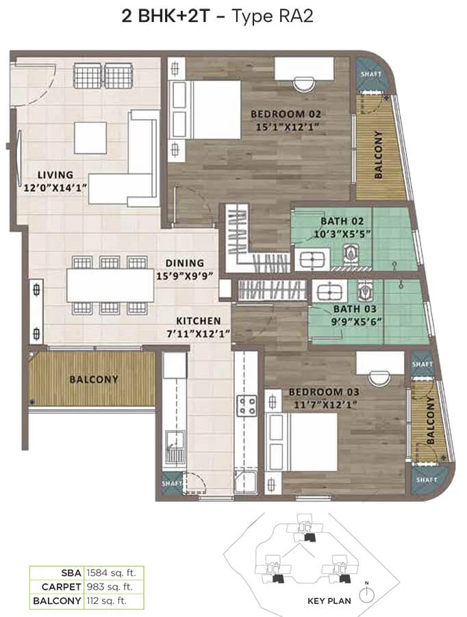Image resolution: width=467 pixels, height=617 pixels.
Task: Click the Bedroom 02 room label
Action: pos(286,114)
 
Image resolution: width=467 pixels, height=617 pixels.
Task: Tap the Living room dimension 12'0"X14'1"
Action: pos(55,188)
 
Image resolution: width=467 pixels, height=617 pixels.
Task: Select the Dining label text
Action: pos(184,263)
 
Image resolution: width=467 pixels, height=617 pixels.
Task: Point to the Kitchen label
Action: pos(198,321)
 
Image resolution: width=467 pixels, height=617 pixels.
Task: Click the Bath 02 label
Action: pos(342,221)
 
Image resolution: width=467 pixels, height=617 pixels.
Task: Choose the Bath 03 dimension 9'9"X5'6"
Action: pos(356,322)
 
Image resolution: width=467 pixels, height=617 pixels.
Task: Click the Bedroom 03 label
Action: pos(324,392)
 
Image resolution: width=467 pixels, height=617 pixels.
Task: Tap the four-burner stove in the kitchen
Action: pos(247,406)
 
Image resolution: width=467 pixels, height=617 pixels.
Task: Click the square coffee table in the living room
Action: pos(90,138)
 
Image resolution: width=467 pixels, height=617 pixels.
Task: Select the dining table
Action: pos(110,285)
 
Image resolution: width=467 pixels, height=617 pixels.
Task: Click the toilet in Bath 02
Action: pos(351,252)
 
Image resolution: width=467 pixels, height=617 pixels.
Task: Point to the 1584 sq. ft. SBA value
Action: pos(111,573)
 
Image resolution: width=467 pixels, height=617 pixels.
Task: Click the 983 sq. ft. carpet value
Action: pos(110,587)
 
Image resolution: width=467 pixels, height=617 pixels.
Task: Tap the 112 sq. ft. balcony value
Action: pos(107,601)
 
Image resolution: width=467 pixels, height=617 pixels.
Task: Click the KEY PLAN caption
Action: pos(329,601)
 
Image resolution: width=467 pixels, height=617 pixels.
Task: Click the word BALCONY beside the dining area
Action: pos(94,379)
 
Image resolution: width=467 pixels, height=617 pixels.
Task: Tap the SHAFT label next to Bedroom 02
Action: pos(371,74)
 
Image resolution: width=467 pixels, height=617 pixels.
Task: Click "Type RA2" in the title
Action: pos(273,16)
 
